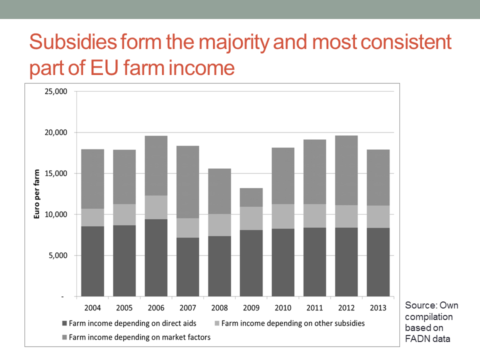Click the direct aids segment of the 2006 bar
click(156, 257)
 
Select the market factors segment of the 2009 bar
click(251, 197)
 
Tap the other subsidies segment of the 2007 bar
click(187, 228)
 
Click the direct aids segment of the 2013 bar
click(378, 262)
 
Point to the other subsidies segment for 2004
click(92, 217)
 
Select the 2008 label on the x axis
click(219, 307)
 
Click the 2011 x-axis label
click(314, 307)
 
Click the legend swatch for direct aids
click(64, 323)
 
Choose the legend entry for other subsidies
click(292, 323)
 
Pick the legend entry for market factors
click(139, 337)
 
